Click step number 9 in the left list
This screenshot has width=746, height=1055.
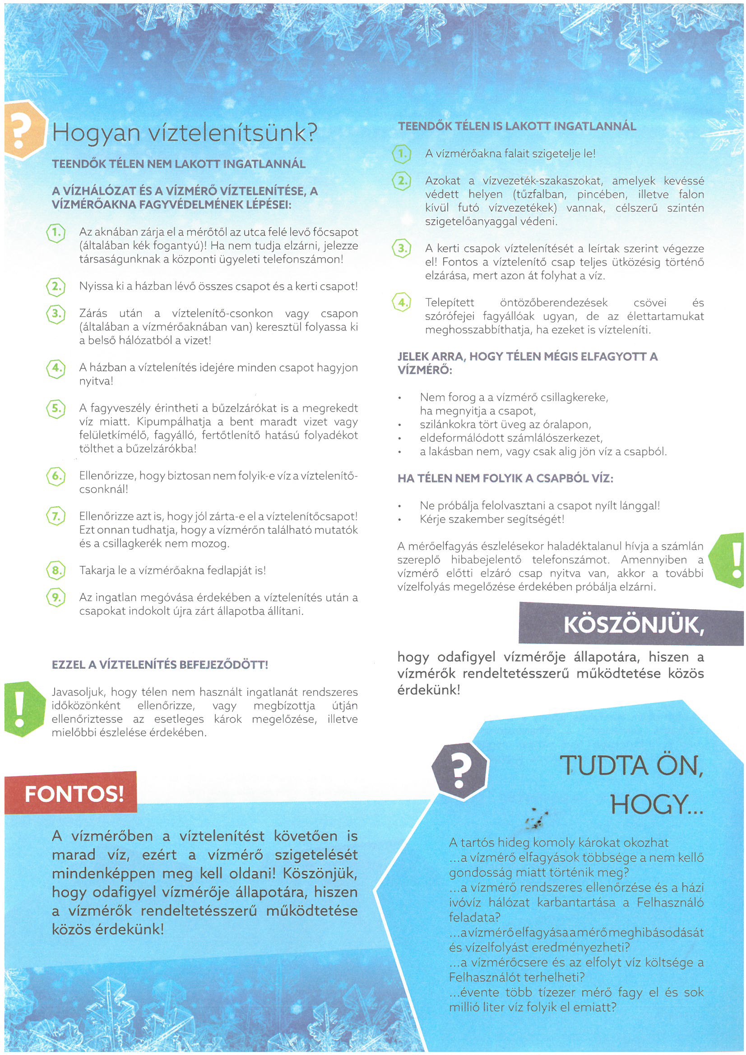56,598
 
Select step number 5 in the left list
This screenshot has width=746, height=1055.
56,408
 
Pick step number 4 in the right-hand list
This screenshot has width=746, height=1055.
401,303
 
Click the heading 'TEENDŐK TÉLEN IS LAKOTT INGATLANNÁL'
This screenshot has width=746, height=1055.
517,126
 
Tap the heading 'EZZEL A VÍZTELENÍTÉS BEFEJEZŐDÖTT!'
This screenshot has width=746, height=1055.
160,664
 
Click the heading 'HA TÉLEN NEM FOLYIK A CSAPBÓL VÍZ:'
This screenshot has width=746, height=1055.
505,478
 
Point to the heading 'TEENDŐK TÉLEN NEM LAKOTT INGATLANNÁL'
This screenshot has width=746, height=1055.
179,164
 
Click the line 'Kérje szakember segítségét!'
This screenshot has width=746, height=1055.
492,519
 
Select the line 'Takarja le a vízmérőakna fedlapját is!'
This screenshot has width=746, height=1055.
173,571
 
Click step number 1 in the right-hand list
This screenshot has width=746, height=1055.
401,154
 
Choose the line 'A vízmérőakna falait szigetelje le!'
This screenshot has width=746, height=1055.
510,154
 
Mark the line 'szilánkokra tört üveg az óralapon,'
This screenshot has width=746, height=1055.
505,424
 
